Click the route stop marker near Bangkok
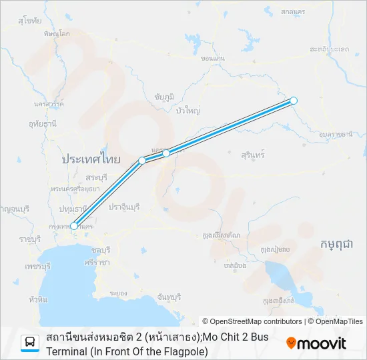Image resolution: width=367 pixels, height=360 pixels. [74, 226]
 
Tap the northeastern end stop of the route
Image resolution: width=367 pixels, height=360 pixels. [294, 101]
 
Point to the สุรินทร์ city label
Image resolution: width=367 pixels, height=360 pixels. [254, 155]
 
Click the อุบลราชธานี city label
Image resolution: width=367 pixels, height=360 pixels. [336, 135]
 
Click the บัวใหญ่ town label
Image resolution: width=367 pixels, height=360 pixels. [188, 111]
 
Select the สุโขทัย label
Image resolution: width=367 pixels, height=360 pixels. [30, 21]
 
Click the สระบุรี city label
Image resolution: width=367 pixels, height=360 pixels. [96, 177]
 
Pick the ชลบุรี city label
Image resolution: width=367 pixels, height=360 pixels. [99, 249]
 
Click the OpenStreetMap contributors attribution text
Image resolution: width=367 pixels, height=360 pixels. [252, 321]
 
